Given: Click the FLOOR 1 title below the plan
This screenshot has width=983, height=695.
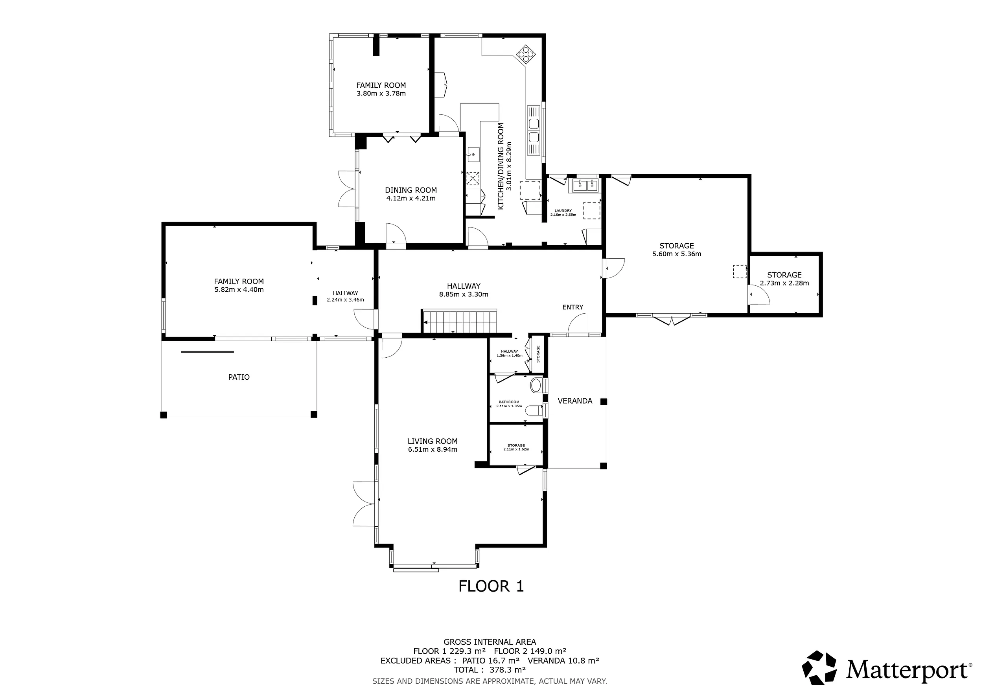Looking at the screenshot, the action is pyautogui.click(x=491, y=586).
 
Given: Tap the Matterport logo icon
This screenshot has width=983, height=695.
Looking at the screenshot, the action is pyautogui.click(x=819, y=667).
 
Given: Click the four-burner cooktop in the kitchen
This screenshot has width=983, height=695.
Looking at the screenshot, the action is pyautogui.click(x=526, y=55).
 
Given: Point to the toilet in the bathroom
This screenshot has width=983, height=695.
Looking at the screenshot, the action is pyautogui.click(x=536, y=385).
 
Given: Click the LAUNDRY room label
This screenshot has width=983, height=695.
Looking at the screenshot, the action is pyautogui.click(x=563, y=211).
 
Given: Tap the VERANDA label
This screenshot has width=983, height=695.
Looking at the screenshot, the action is pyautogui.click(x=575, y=401).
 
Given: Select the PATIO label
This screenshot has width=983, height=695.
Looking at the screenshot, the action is pyautogui.click(x=239, y=377).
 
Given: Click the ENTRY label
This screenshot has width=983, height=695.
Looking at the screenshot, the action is pyautogui.click(x=573, y=307).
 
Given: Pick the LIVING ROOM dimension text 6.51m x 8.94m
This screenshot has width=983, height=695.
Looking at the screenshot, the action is pyautogui.click(x=433, y=449).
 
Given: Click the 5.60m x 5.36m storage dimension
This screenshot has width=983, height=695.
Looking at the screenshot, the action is pyautogui.click(x=676, y=254).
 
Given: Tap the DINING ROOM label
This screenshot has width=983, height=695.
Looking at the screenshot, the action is pyautogui.click(x=411, y=190).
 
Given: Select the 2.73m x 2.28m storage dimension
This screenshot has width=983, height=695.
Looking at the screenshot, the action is pyautogui.click(x=784, y=283).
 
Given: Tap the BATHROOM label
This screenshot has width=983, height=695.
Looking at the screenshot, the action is pyautogui.click(x=509, y=402).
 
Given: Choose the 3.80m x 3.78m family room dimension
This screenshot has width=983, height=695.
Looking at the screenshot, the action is pyautogui.click(x=381, y=93).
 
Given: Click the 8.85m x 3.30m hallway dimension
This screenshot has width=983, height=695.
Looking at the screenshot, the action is pyautogui.click(x=464, y=294).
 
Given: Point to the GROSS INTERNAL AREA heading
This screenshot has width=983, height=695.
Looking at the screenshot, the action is pyautogui.click(x=490, y=642).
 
